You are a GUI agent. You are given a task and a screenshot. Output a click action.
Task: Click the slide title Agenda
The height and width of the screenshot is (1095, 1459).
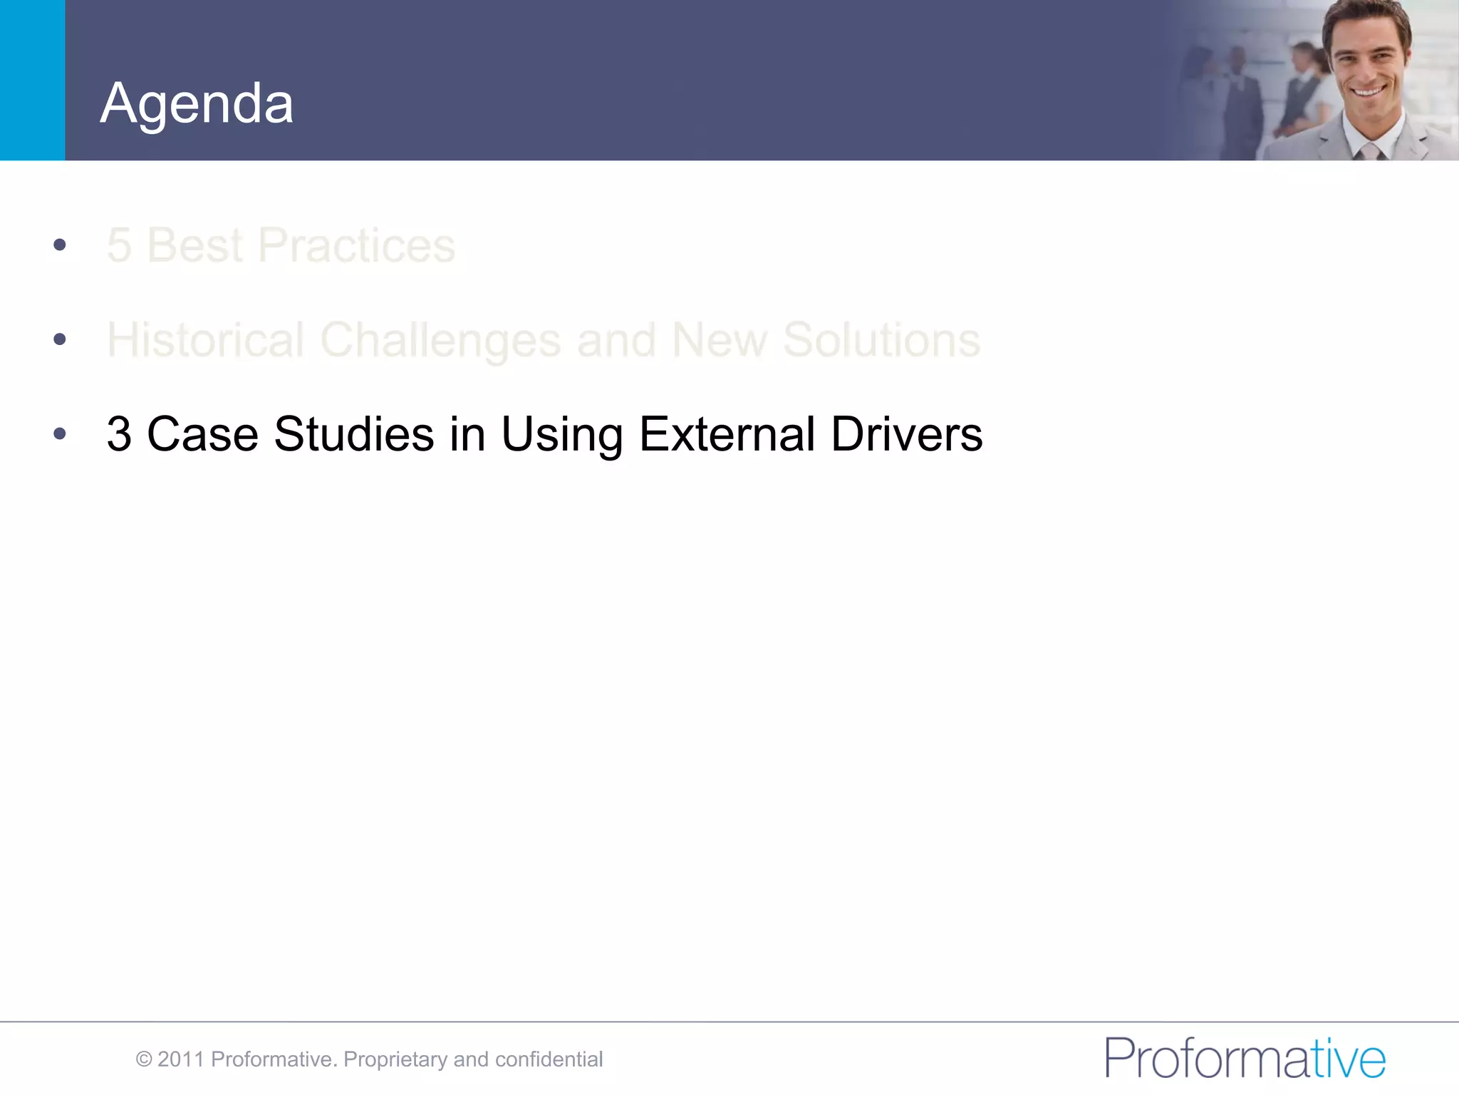tap(197, 104)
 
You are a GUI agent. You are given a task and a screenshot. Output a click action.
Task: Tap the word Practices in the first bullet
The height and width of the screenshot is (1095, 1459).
tap(356, 246)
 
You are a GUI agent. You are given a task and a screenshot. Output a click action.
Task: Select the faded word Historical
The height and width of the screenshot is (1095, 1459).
tap(206, 340)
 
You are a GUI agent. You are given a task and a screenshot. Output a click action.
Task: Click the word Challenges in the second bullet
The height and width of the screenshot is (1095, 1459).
tap(440, 340)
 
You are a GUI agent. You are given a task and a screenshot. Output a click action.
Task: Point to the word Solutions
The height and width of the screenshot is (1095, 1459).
tap(881, 340)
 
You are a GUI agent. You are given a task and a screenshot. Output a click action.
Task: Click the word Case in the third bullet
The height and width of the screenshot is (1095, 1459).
tap(202, 434)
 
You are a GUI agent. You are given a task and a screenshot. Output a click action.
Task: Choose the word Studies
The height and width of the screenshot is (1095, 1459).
tap(354, 434)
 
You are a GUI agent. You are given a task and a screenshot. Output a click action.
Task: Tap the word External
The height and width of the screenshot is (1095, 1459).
tap(727, 434)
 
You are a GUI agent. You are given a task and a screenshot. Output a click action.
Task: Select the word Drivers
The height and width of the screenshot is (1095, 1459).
tap(906, 434)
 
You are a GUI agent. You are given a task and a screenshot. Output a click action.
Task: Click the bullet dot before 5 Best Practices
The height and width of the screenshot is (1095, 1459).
tap(60, 245)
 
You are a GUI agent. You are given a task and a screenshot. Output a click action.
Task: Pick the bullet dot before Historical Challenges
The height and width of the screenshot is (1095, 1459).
tap(60, 339)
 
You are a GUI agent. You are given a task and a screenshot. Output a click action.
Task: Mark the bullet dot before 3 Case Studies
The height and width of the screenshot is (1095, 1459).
tap(60, 433)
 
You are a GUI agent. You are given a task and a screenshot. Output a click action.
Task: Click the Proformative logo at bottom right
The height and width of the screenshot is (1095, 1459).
tap(1245, 1058)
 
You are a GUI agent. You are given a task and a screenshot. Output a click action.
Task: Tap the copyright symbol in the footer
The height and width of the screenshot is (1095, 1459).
tap(144, 1059)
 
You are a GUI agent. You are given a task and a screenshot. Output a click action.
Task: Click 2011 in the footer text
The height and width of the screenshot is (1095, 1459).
tap(181, 1059)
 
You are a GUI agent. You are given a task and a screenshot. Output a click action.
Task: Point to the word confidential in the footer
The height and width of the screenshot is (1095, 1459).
tap(549, 1059)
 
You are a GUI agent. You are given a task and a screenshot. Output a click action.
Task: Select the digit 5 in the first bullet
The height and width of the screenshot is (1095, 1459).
tap(119, 246)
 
